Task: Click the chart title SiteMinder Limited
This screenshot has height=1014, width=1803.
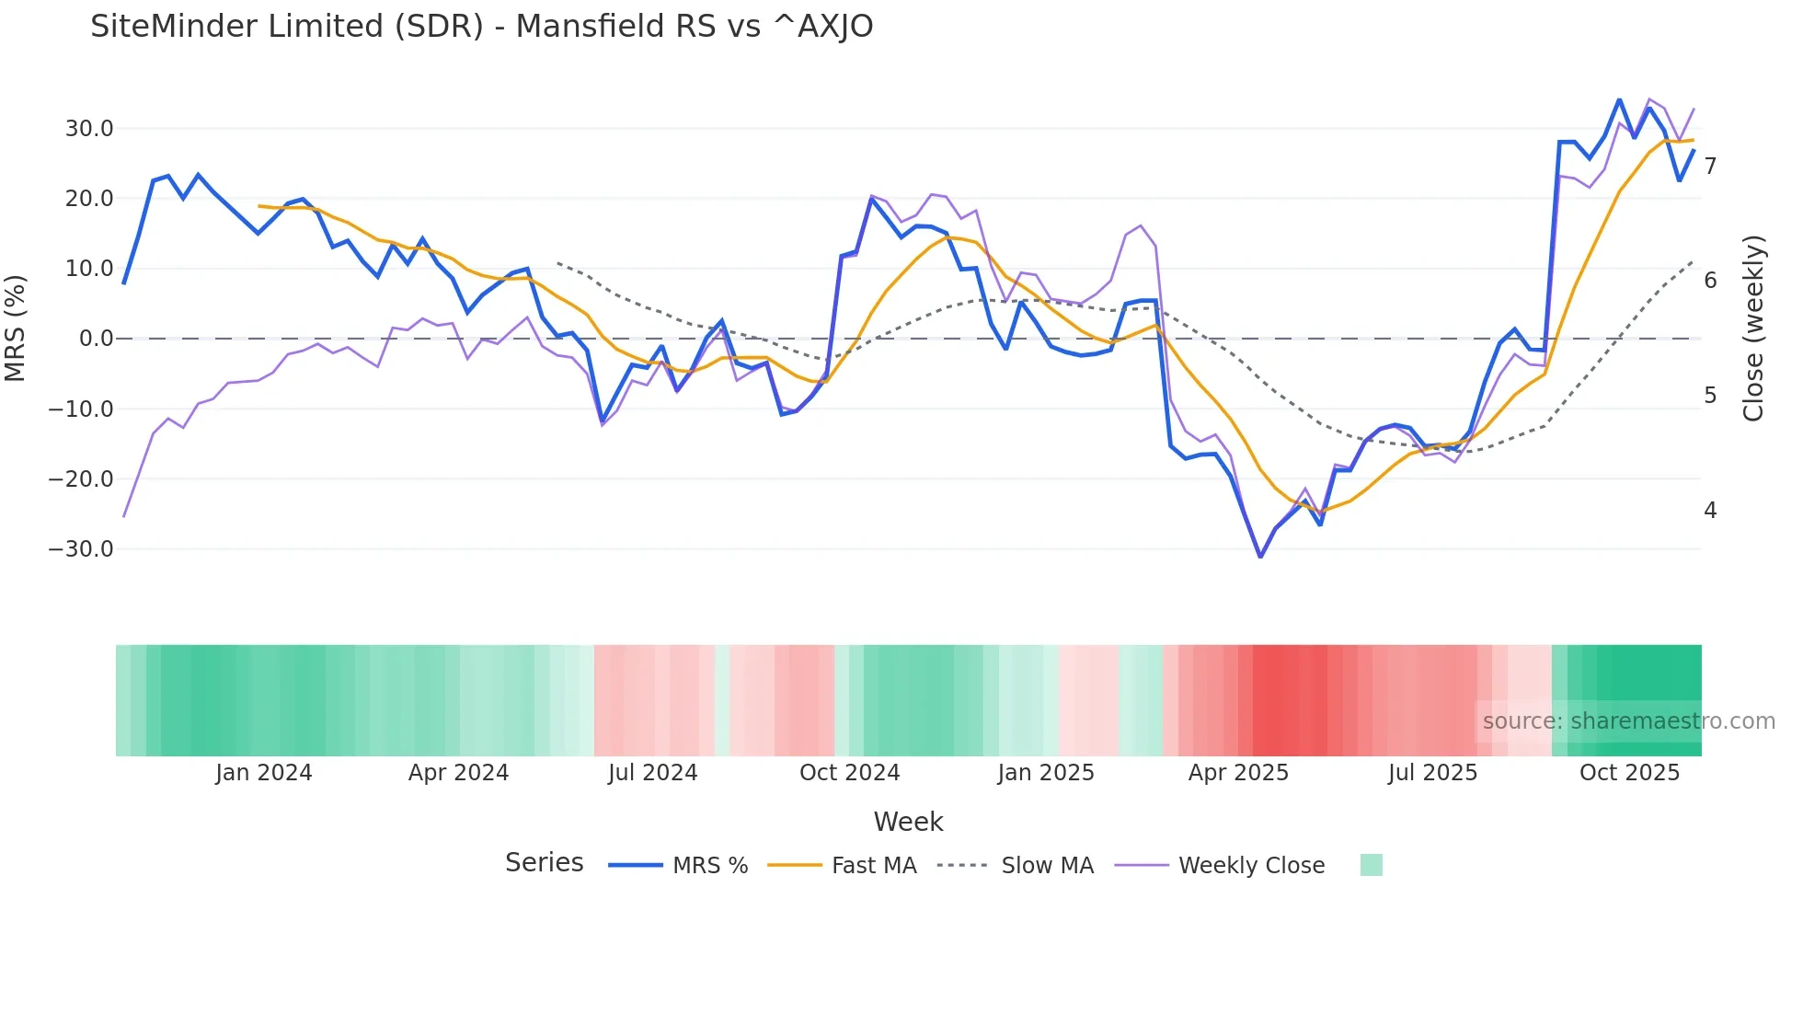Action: tap(481, 27)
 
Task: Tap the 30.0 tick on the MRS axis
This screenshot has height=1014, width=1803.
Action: tap(89, 129)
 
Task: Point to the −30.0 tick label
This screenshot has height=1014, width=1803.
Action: tap(81, 549)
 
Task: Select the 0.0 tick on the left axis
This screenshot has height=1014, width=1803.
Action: tap(96, 339)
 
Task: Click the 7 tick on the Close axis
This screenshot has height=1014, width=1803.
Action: tap(1710, 167)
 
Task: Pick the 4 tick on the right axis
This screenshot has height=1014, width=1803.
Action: tap(1710, 510)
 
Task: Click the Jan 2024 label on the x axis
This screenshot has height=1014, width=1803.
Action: tap(264, 773)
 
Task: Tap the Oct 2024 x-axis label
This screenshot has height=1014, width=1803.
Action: tap(849, 773)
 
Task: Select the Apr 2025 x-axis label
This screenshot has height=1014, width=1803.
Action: tap(1238, 773)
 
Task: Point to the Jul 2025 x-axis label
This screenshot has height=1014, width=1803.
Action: tap(1432, 773)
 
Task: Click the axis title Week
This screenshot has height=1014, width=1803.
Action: tap(908, 822)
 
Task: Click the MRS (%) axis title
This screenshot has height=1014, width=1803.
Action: tap(16, 328)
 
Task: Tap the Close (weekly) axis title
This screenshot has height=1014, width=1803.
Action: tap(1753, 328)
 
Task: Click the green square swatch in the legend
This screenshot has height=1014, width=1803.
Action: tap(1371, 865)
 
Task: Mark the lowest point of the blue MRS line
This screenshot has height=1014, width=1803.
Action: tap(1260, 556)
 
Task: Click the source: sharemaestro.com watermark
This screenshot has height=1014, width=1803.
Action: tap(1628, 721)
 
